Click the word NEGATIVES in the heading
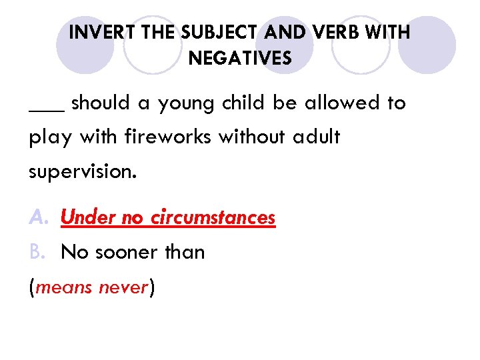click(x=240, y=59)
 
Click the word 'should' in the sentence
click(x=99, y=103)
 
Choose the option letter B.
click(x=37, y=252)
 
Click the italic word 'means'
click(x=63, y=288)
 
